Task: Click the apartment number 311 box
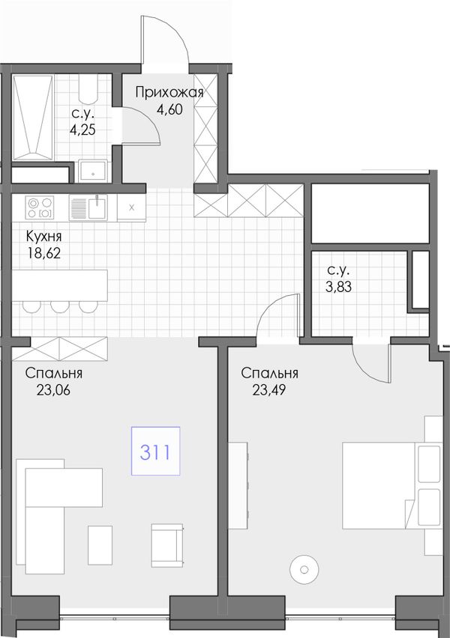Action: [x=155, y=451]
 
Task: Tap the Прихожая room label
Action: [x=169, y=93]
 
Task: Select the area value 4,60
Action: [x=169, y=109]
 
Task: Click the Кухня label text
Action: [x=44, y=236]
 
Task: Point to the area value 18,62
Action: [x=44, y=254]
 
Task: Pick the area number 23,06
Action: [x=53, y=390]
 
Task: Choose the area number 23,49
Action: [x=269, y=390]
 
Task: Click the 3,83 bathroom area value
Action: [x=338, y=287]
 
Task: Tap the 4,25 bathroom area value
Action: [x=82, y=130]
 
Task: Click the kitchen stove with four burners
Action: [x=40, y=207]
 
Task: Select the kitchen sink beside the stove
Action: [x=88, y=207]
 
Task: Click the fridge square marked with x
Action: [x=131, y=207]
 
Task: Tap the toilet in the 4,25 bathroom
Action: [x=88, y=88]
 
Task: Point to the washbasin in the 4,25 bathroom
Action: [x=93, y=171]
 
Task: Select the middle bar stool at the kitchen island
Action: [x=60, y=306]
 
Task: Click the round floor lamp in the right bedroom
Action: [x=304, y=570]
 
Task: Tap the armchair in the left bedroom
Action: [x=167, y=545]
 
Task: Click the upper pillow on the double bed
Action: [x=430, y=464]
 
